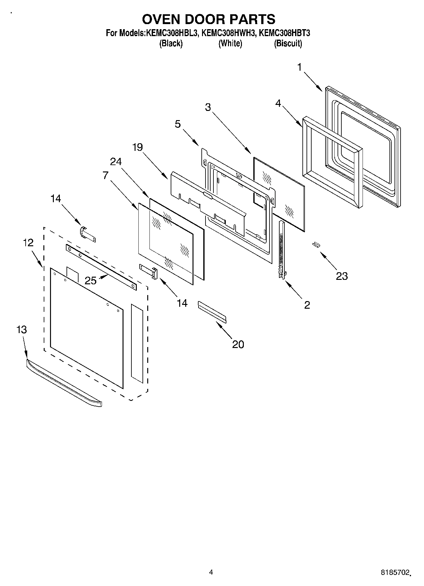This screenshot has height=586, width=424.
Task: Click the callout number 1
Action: click(299, 67)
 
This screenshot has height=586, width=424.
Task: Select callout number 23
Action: click(342, 276)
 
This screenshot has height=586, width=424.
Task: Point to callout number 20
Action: click(238, 344)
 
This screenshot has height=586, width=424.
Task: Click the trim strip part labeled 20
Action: click(212, 312)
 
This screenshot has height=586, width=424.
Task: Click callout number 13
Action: click(22, 330)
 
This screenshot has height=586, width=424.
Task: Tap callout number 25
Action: click(91, 280)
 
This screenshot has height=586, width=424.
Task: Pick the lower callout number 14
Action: click(182, 303)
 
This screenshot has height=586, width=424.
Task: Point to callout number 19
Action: click(137, 147)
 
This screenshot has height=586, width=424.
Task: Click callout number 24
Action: click(116, 162)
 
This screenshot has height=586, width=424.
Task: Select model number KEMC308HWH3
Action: click(228, 33)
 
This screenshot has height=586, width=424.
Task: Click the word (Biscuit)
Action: click(288, 43)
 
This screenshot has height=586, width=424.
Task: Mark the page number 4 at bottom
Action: click(211, 572)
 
